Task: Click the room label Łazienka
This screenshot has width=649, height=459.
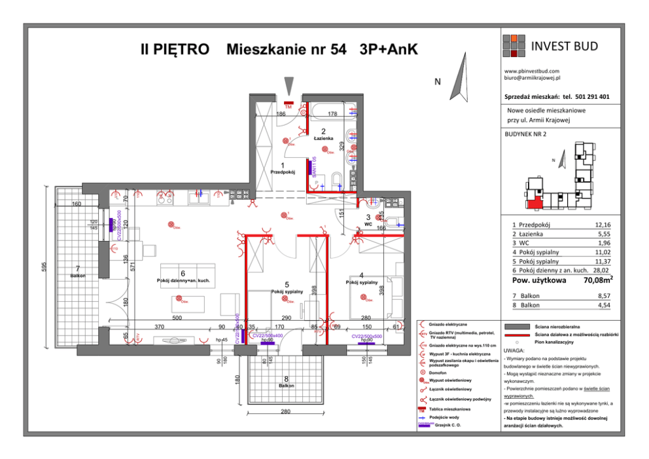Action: pyautogui.click(x=323, y=139)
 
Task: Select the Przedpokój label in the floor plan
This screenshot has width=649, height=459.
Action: pyautogui.click(x=283, y=172)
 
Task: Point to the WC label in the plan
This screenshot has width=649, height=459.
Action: pyautogui.click(x=368, y=223)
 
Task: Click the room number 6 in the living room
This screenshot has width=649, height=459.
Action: pyautogui.click(x=183, y=273)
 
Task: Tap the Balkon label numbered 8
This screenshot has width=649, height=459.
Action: pyautogui.click(x=286, y=386)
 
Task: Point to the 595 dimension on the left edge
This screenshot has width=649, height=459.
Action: pyautogui.click(x=44, y=268)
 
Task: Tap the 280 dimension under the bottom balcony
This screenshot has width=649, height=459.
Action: pyautogui.click(x=285, y=411)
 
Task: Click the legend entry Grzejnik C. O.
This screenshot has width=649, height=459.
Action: pyautogui.click(x=448, y=426)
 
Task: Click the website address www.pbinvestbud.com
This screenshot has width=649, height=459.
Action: pyautogui.click(x=531, y=71)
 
